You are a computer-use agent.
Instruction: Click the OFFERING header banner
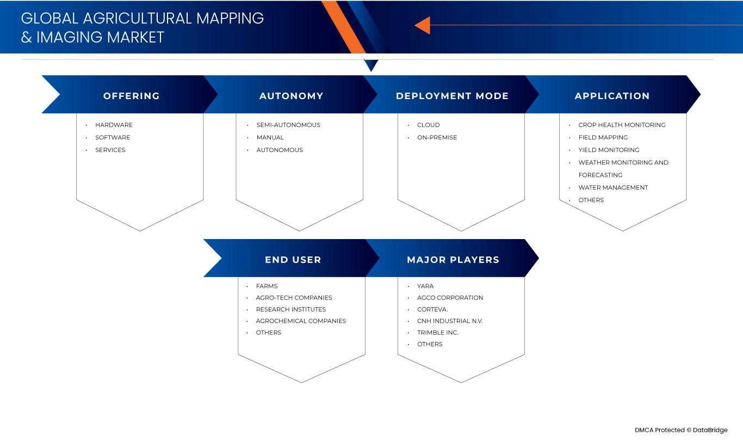pos(131,96)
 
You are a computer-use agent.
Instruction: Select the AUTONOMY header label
pos(291,96)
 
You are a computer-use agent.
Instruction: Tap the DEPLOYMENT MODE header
pos(452,96)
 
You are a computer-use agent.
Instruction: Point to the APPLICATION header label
pos(612,96)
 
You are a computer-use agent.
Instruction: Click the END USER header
pos(293,260)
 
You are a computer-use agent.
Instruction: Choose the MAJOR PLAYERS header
pos(453,260)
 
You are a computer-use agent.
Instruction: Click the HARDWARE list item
pos(114,125)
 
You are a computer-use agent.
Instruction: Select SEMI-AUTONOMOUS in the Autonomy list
pos(288,125)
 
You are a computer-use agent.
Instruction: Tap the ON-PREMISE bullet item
pos(437,137)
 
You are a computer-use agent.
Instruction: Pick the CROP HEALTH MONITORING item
pos(622,125)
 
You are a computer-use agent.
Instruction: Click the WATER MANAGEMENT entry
pos(613,187)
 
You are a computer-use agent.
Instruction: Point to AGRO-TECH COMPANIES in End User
pos(294,297)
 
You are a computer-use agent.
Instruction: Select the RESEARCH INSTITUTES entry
pos(291,309)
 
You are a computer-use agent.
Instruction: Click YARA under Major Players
pos(425,286)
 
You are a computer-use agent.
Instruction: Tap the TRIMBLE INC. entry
pos(437,332)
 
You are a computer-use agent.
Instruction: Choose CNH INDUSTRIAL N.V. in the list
pos(450,321)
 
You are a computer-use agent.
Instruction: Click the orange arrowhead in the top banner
pos(422,25)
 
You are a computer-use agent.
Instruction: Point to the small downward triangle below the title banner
pos(371,65)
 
